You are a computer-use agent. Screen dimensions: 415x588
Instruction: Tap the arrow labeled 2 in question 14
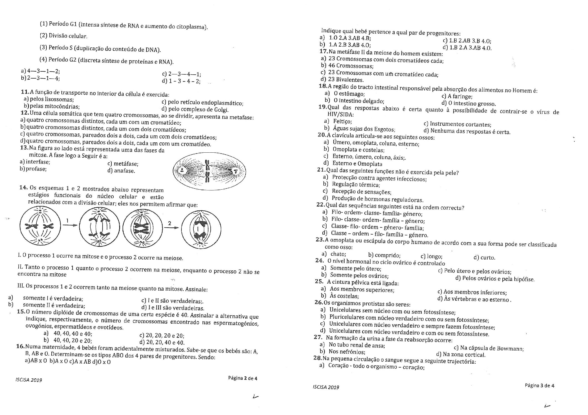coord(171,227)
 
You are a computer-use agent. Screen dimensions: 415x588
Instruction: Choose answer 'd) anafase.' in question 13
coord(121,171)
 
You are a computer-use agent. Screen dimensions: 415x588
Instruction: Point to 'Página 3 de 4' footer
coord(539,385)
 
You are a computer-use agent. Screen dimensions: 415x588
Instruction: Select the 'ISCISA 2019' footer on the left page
coord(29,380)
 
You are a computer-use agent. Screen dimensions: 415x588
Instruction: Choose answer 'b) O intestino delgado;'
coord(354,100)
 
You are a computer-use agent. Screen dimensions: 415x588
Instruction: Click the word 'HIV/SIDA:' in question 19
coord(340,114)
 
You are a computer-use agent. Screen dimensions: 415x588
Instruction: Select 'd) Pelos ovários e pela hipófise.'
coord(495,278)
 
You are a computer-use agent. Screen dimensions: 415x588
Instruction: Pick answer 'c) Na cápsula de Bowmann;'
coord(489,348)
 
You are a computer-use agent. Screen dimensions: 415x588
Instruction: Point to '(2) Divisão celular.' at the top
coord(64,36)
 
